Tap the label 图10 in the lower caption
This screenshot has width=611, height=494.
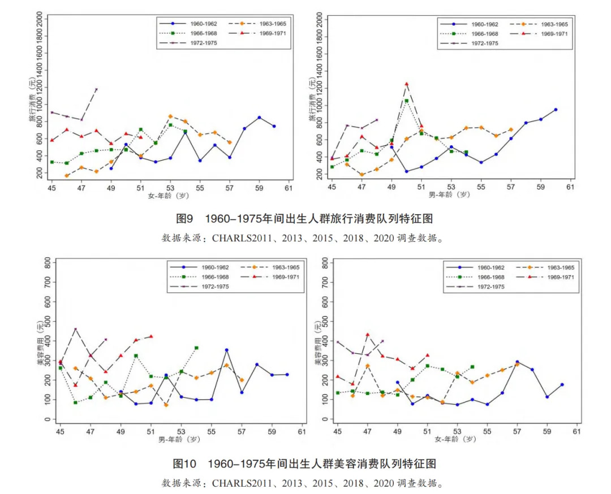[x=184, y=464]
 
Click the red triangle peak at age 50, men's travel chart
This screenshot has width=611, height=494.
[x=406, y=84]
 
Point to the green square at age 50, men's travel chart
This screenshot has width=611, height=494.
[x=406, y=101]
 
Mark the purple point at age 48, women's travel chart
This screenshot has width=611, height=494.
[x=96, y=89]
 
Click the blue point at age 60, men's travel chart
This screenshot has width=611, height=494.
[x=556, y=110]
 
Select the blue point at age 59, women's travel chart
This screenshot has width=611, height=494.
[x=259, y=118]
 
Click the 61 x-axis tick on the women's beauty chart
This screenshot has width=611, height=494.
[x=577, y=432]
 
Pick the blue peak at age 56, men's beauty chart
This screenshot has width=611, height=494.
[x=226, y=350]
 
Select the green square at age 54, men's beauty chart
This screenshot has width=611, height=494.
[x=196, y=348]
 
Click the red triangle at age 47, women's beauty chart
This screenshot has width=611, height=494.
[x=367, y=335]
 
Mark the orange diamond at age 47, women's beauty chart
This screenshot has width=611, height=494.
[x=367, y=366]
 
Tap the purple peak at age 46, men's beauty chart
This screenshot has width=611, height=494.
[x=75, y=329]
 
